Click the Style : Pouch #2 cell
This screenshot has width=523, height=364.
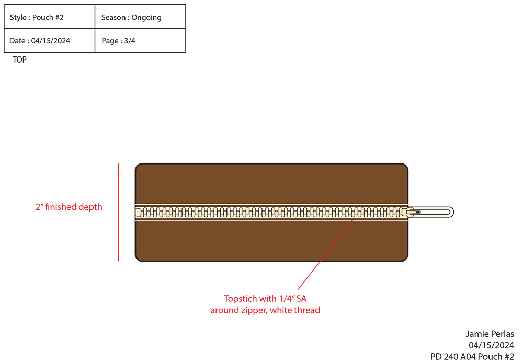point(50,17)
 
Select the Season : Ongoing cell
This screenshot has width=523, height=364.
point(140,17)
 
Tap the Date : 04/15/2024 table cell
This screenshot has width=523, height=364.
point(50,41)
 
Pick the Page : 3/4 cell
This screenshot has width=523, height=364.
point(140,41)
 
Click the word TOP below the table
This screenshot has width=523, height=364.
point(20,60)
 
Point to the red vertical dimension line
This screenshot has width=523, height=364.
point(119,212)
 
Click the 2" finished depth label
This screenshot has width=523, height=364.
point(69,207)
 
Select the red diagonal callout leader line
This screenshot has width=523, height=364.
point(324,256)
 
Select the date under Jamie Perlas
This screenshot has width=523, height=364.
point(491,345)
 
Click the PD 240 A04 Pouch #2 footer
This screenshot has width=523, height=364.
point(472,357)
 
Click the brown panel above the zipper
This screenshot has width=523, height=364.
point(271,183)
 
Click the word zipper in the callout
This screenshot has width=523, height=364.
point(255,310)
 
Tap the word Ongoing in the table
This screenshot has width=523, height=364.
point(146,17)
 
